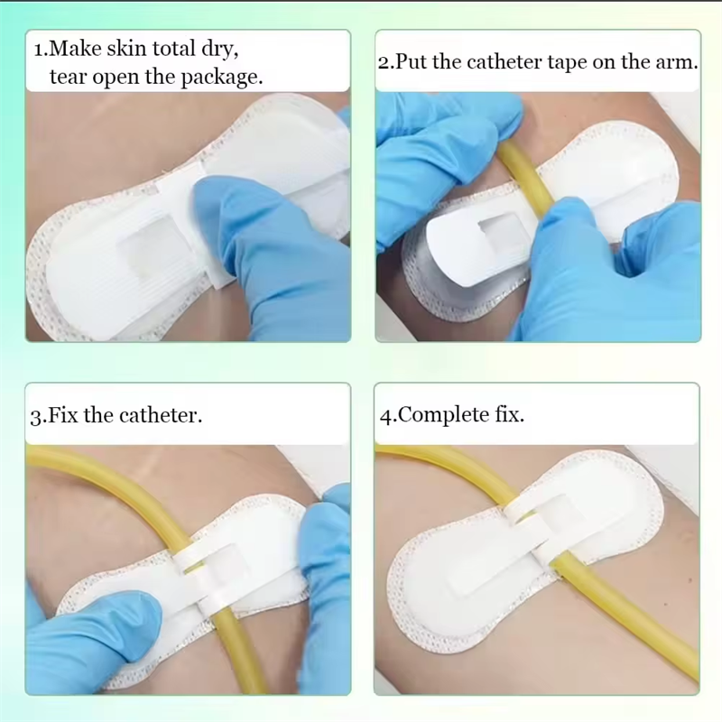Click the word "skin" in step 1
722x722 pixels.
coord(126,49)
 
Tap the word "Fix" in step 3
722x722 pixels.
coord(63,415)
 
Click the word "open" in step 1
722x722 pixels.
coord(116,79)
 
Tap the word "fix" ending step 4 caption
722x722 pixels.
coord(509,414)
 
